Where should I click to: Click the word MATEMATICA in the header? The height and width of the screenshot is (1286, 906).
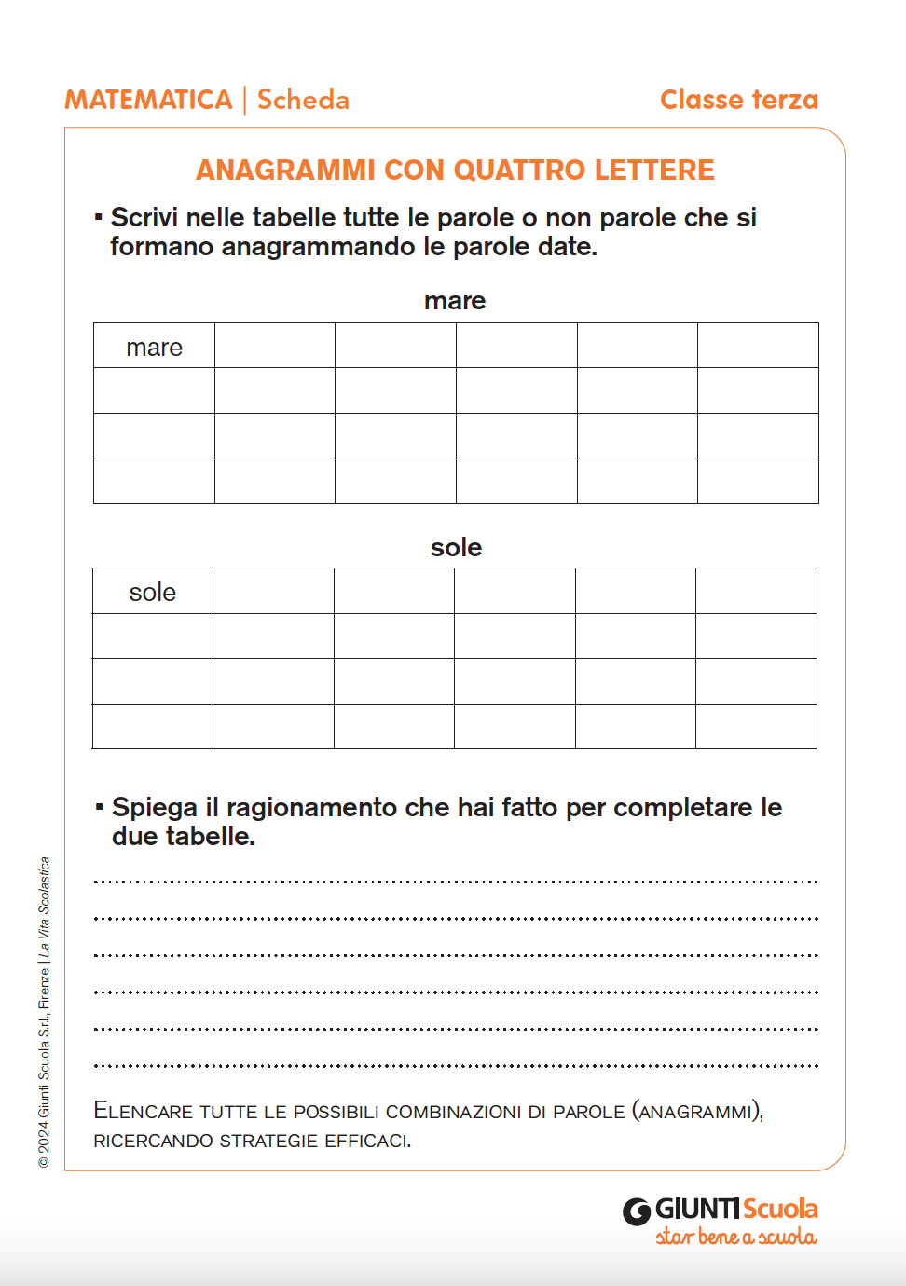tap(148, 100)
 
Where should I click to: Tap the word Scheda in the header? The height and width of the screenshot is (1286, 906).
tap(303, 100)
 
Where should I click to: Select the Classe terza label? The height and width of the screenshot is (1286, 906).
tap(738, 100)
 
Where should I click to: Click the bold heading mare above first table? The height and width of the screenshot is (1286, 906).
tap(455, 301)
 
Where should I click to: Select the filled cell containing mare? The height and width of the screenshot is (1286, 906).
tap(154, 347)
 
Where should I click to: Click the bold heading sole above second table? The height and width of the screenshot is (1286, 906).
tap(456, 547)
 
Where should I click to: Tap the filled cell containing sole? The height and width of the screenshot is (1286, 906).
tap(153, 592)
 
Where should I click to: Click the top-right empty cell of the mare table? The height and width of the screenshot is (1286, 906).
tap(758, 346)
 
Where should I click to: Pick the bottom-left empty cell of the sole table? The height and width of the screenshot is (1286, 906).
tap(153, 726)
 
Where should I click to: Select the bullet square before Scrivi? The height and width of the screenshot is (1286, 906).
tap(98, 217)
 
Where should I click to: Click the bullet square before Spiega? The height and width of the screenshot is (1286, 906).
tap(99, 806)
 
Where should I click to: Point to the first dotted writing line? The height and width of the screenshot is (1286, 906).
tap(456, 881)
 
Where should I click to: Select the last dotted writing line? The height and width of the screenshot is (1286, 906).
tap(456, 1064)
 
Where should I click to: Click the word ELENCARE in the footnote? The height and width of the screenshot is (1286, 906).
tap(144, 1111)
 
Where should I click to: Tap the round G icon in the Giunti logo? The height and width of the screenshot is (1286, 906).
tap(637, 1211)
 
